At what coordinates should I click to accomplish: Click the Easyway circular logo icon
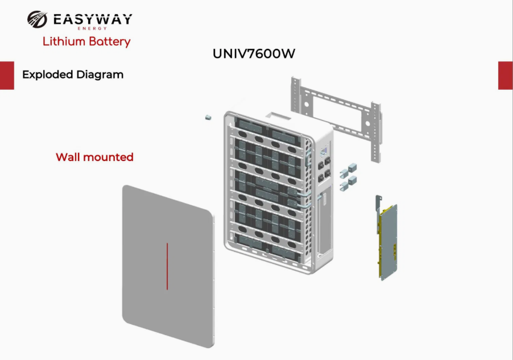point(37,19)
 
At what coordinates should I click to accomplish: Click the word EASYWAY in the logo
point(93,19)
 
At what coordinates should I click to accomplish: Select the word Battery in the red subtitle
point(110,42)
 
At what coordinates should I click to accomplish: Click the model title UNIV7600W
point(254,53)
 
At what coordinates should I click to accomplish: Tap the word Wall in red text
point(68,157)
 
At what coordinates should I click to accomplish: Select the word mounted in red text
point(108,158)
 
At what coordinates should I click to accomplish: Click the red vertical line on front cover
point(167,266)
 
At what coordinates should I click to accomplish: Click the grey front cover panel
point(168,266)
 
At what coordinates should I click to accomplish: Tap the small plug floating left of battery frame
point(208,117)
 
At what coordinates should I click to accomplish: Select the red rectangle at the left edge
point(7,75)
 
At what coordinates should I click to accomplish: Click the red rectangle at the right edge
point(506,75)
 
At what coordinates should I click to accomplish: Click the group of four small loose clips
point(347,177)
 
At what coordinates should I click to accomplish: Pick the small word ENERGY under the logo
point(92,28)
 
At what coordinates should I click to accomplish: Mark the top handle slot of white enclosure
point(278,116)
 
